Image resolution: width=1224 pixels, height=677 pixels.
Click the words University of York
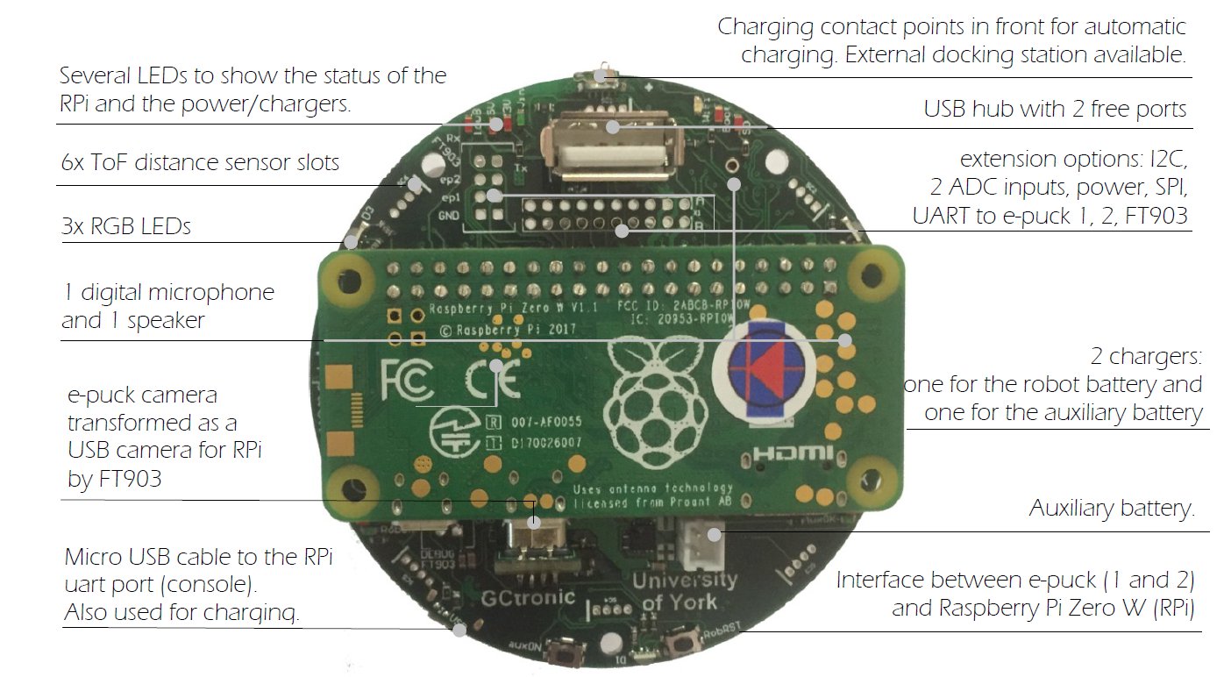(x=684, y=591)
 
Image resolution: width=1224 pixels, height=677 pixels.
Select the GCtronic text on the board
(x=528, y=598)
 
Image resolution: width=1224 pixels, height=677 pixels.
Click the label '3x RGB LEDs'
(x=126, y=226)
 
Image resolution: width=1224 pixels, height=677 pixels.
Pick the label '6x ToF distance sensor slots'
(x=199, y=162)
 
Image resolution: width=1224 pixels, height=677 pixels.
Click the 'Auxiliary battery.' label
(x=1112, y=509)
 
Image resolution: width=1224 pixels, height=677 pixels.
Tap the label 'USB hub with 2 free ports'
(x=1055, y=110)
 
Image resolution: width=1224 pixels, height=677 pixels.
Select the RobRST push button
(x=677, y=647)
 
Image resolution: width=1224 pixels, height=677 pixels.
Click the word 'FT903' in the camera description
(x=115, y=479)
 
